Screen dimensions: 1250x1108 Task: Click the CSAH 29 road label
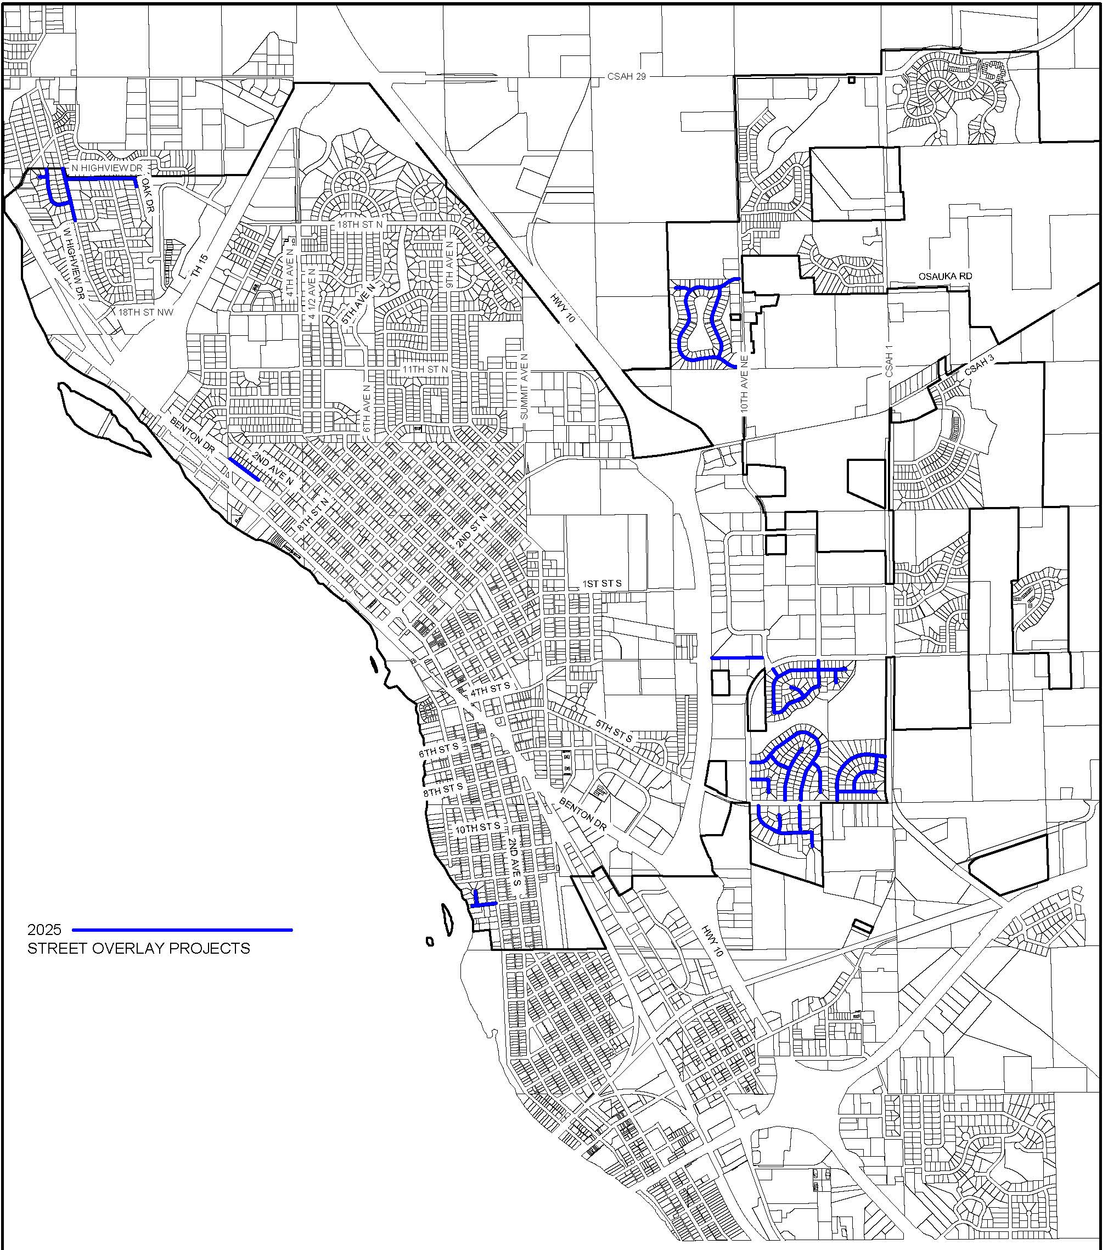626,76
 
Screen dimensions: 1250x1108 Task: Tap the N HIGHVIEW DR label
107,167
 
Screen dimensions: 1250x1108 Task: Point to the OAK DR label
149,195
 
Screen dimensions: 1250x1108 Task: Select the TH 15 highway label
199,267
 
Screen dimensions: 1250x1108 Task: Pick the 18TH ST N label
359,224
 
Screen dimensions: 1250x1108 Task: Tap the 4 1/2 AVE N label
312,289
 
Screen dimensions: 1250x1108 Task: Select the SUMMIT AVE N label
524,386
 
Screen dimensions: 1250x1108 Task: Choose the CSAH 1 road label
889,361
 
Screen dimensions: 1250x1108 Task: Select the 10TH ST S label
477,828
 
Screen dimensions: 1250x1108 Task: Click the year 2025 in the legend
44,930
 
